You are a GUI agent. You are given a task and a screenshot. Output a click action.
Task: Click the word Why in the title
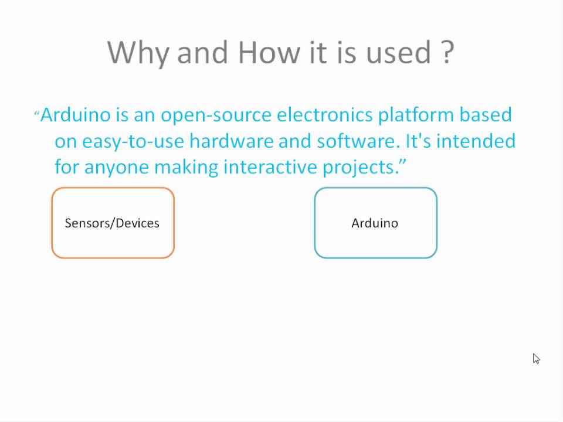coord(138,53)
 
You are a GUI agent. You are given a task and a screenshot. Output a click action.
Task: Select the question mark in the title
coord(446,53)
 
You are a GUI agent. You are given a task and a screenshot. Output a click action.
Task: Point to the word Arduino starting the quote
coord(76,114)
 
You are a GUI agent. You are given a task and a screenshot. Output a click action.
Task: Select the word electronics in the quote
coord(324,114)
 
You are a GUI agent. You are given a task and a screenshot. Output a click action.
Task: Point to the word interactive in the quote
coord(270,168)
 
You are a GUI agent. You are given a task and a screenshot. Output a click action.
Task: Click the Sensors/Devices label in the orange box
coord(112,223)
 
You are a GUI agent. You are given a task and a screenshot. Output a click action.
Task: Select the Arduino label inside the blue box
coord(375,223)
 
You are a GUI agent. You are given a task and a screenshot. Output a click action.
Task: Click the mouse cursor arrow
coord(535,358)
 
